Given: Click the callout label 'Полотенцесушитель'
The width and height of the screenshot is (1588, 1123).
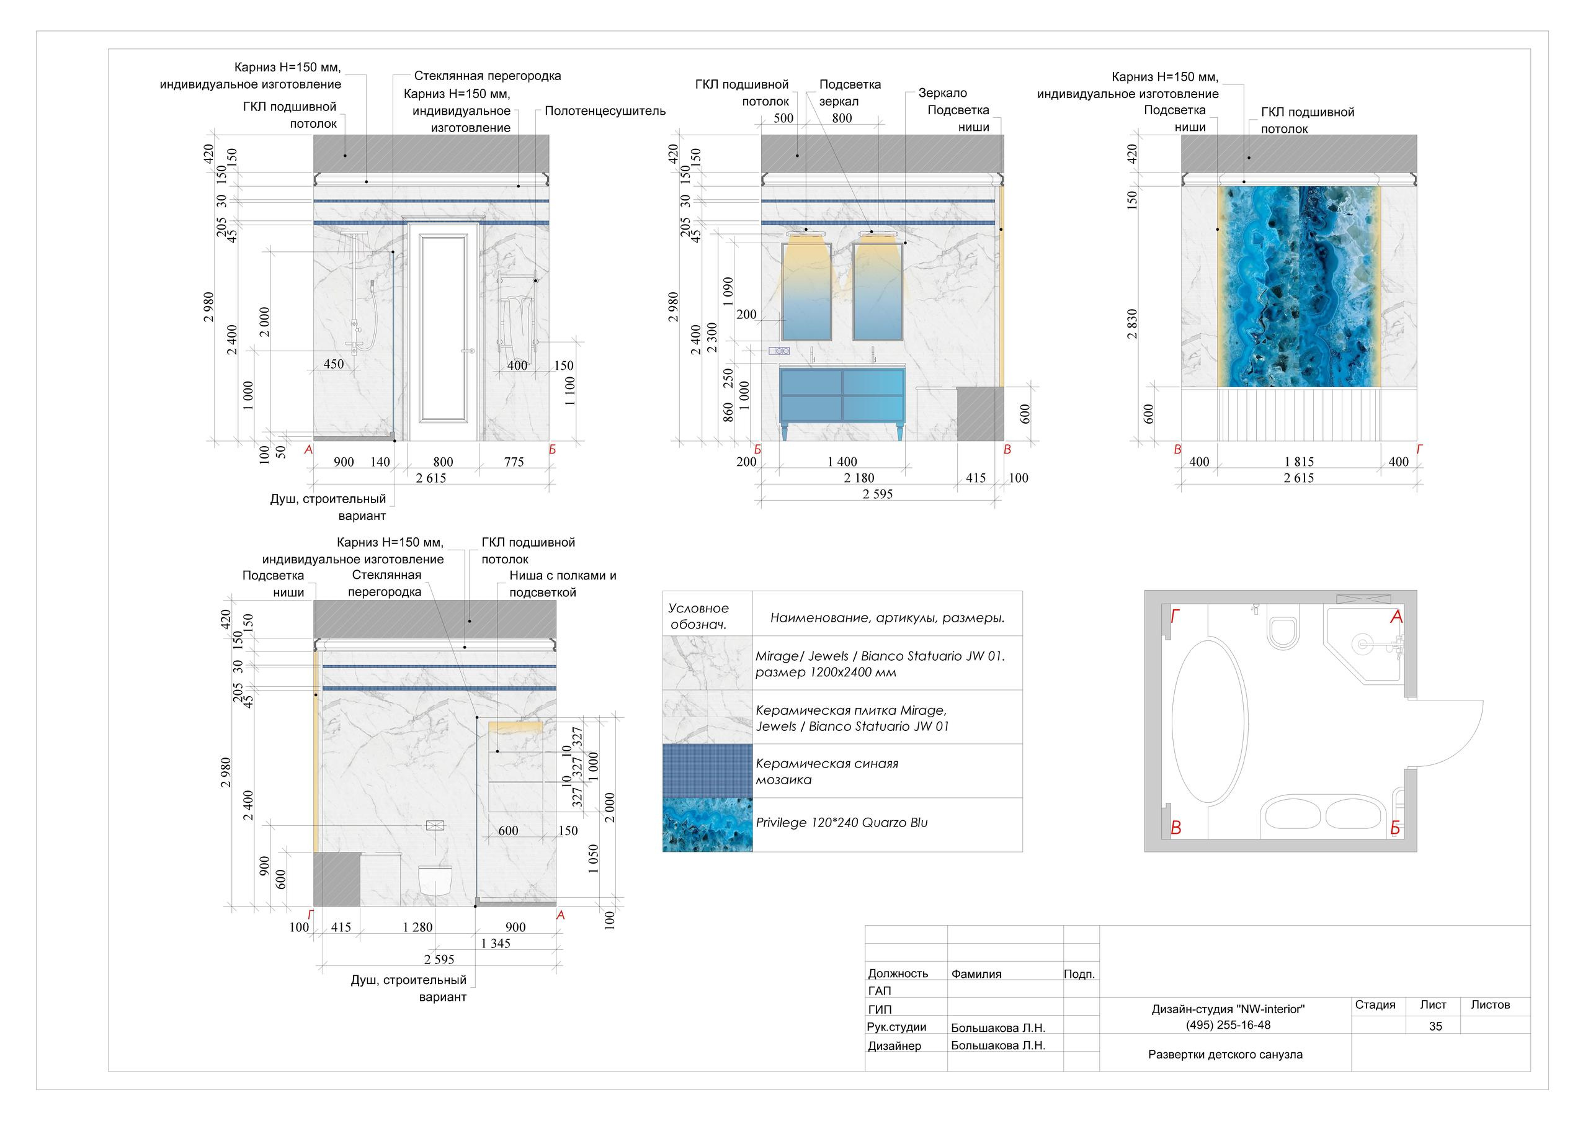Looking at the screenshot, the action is pos(605,110).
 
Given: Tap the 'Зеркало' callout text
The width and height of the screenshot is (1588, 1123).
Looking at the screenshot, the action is pos(943,92).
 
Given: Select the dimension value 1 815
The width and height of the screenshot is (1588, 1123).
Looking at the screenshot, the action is pos(1299,462).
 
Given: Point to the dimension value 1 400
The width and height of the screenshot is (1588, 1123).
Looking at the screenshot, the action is pos(842,462).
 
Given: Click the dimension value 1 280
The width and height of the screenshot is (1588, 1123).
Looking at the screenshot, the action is pos(417,927).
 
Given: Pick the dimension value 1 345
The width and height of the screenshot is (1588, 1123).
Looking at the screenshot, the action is pos(495,943).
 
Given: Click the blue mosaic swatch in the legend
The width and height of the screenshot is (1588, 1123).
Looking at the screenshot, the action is pos(708,771).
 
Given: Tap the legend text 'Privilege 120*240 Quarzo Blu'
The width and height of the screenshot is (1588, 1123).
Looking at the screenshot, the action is pos(842,823).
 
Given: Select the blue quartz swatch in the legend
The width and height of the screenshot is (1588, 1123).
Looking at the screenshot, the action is pos(708,825).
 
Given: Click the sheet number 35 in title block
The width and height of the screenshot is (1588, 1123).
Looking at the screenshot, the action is pos(1436,1026).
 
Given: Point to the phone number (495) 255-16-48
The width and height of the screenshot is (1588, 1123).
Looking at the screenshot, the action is pos(1228,1025).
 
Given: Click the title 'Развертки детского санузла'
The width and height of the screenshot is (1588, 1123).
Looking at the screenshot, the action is pos(1226,1055).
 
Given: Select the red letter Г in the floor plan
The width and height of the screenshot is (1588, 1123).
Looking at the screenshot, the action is pos(1175,617).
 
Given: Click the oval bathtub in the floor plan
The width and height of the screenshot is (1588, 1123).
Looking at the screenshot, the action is pos(1210,722).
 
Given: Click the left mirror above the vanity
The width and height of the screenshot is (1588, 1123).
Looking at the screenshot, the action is pos(806,290).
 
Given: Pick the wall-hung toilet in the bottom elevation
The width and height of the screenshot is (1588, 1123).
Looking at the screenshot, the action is pos(434,879).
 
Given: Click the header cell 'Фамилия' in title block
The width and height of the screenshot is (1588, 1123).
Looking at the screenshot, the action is pos(976,973).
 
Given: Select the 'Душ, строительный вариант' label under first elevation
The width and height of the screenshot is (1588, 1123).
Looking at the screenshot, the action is pos(328,507).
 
